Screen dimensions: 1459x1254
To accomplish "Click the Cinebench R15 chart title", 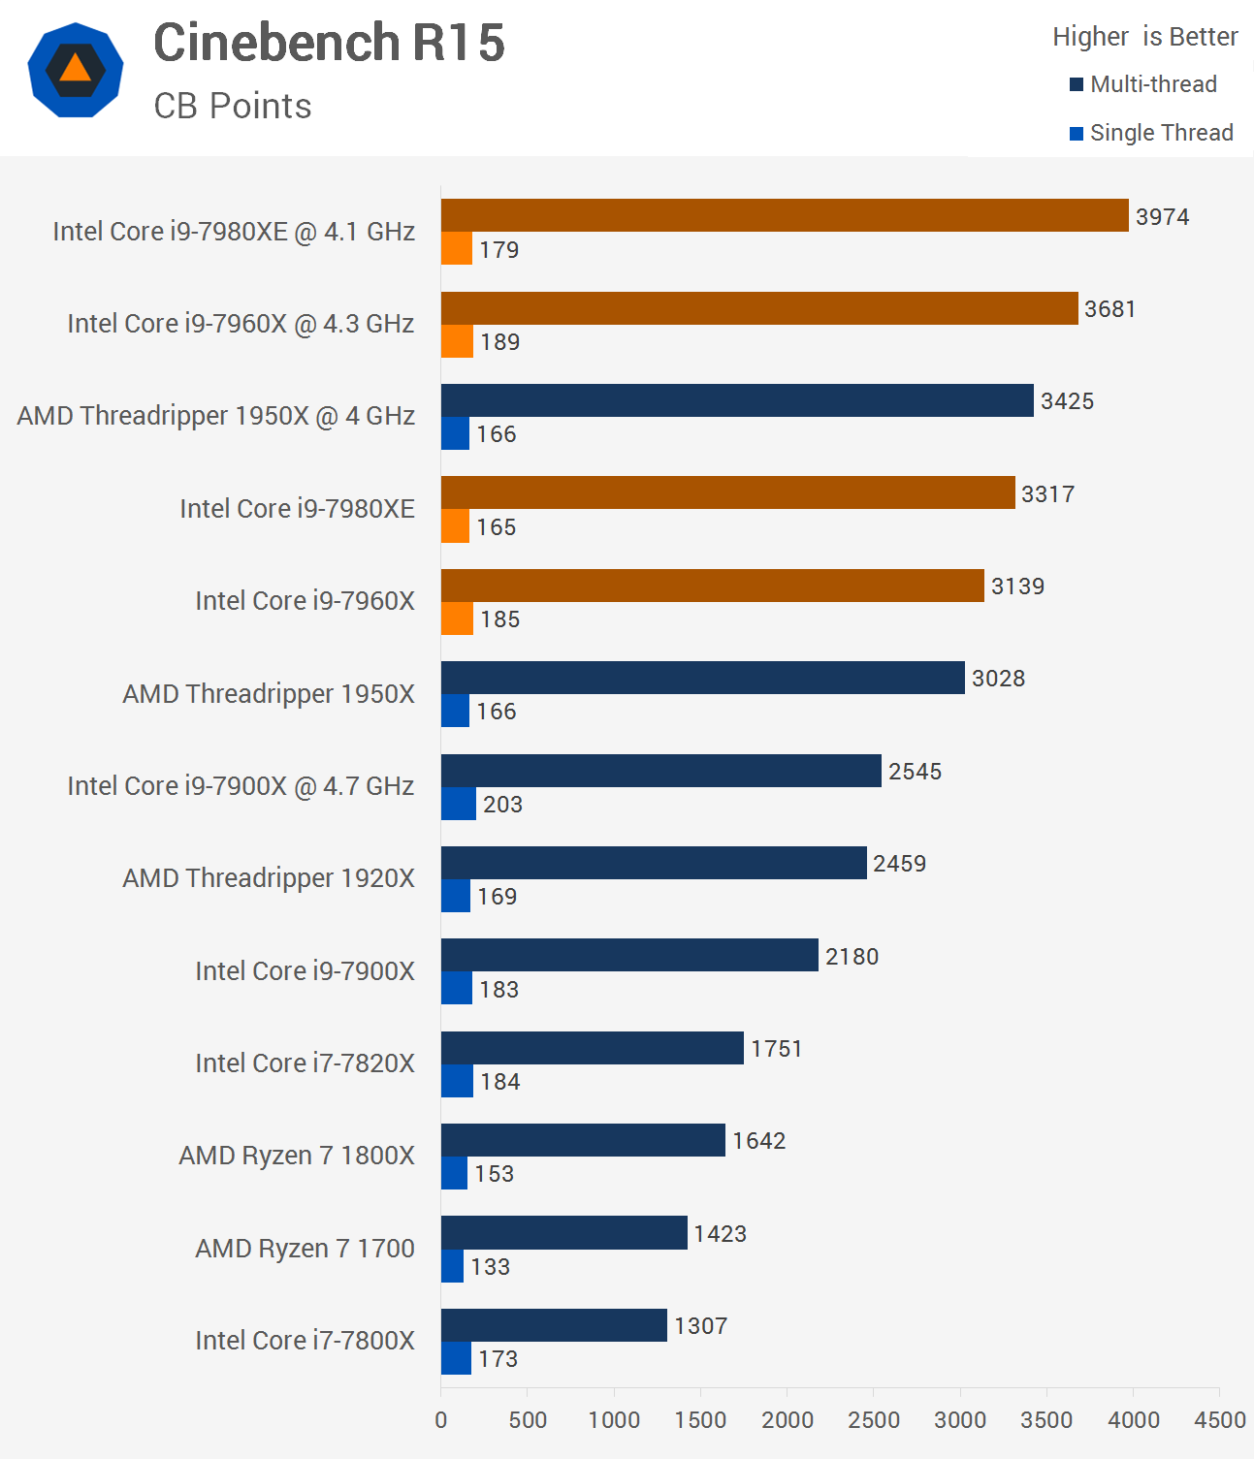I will pyautogui.click(x=329, y=44).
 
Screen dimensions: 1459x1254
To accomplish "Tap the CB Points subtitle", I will pyautogui.click(x=233, y=106).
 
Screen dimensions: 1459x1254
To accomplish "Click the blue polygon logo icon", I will pyautogui.click(x=76, y=70).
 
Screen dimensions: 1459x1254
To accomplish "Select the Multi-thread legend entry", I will pyautogui.click(x=1143, y=84).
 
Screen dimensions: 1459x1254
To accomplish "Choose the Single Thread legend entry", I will pyautogui.click(x=1151, y=133).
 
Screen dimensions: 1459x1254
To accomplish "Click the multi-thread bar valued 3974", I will pyautogui.click(x=785, y=215).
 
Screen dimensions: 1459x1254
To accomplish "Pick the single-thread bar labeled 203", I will pyautogui.click(x=459, y=804).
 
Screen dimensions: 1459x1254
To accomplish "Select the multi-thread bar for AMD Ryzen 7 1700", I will pyautogui.click(x=564, y=1232).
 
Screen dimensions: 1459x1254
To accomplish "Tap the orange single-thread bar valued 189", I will pyautogui.click(x=457, y=341).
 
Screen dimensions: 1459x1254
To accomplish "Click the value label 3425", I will pyautogui.click(x=1067, y=401).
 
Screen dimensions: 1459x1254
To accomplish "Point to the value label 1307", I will pyautogui.click(x=700, y=1325).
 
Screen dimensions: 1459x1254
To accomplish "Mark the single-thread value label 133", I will pyautogui.click(x=490, y=1266).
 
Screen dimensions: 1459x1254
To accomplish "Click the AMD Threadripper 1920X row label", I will pyautogui.click(x=269, y=878).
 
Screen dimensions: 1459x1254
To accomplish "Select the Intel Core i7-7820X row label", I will pyautogui.click(x=305, y=1063).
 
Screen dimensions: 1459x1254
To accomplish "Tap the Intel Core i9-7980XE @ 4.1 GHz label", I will pyautogui.click(x=234, y=232).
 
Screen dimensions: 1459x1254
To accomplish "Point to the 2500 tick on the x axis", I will pyautogui.click(x=873, y=1420).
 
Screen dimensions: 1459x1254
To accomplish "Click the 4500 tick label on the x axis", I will pyautogui.click(x=1219, y=1420).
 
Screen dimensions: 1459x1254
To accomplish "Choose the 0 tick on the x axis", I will pyautogui.click(x=441, y=1420).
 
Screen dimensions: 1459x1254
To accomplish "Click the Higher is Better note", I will pyautogui.click(x=1144, y=37).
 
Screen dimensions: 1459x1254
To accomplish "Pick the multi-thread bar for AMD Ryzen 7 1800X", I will pyautogui.click(x=583, y=1140).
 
